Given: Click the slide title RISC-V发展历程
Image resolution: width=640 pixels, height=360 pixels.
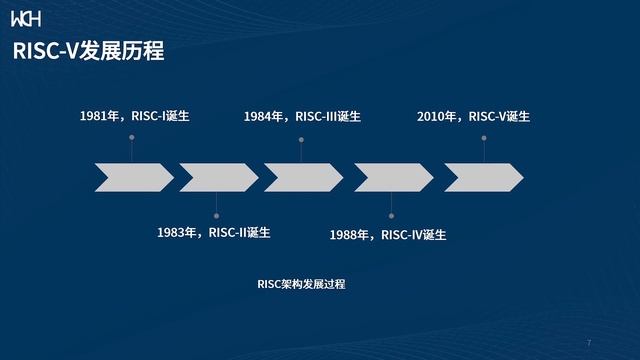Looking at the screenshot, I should (88, 52).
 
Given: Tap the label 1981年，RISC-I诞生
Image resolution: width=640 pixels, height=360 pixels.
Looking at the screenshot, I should (134, 116).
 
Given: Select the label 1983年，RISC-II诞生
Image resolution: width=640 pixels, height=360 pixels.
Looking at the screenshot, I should (213, 233).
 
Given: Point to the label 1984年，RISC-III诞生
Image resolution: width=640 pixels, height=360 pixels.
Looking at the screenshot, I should (302, 116).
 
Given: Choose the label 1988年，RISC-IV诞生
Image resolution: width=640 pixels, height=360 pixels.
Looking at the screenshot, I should (387, 235).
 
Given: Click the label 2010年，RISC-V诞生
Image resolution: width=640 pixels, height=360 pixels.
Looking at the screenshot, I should (473, 116).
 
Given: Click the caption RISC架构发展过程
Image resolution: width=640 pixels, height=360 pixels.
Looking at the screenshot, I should (301, 284).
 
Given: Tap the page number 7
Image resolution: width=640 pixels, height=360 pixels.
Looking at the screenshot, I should (589, 342).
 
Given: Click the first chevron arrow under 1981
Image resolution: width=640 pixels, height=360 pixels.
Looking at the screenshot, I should (132, 177).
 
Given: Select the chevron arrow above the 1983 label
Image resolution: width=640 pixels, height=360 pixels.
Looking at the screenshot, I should (218, 177).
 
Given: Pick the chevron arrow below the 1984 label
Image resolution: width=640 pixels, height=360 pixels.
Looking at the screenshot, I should (303, 177).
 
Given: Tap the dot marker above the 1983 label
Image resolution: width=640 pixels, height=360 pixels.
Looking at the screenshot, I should (217, 213).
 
